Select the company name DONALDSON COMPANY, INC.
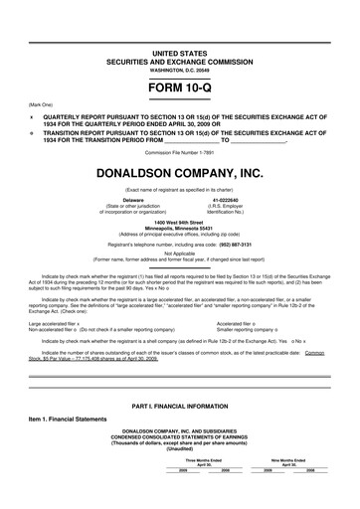[x=179, y=175]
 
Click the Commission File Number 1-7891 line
[x=179, y=152]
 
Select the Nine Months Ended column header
[x=288, y=488]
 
